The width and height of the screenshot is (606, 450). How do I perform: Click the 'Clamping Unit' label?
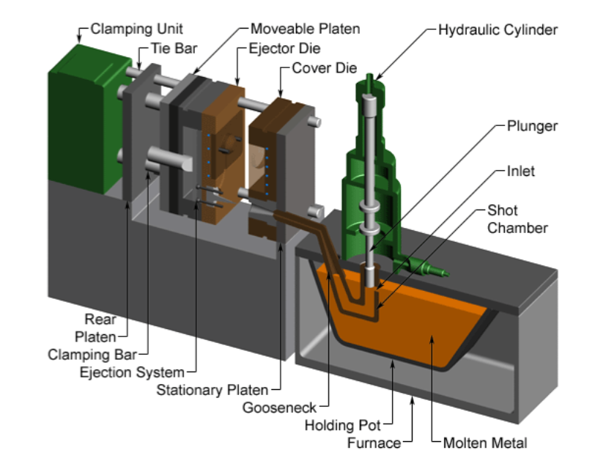point(136,30)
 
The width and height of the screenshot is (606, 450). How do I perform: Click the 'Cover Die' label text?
point(324,69)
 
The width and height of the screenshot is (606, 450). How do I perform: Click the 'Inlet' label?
point(520,171)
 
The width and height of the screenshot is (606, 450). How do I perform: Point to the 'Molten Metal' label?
point(484,442)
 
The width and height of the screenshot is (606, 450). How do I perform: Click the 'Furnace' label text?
point(374,442)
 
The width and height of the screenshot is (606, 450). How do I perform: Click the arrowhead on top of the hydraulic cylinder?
point(372,77)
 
